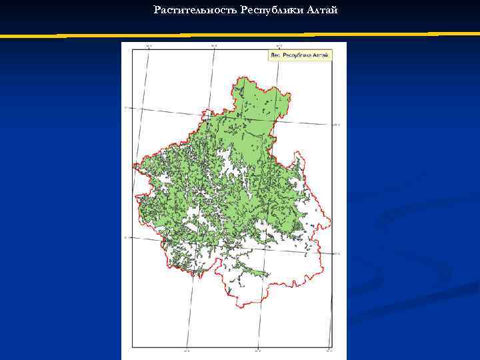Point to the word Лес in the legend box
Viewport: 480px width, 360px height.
(275, 55)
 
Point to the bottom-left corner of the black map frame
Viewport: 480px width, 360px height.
(132, 348)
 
